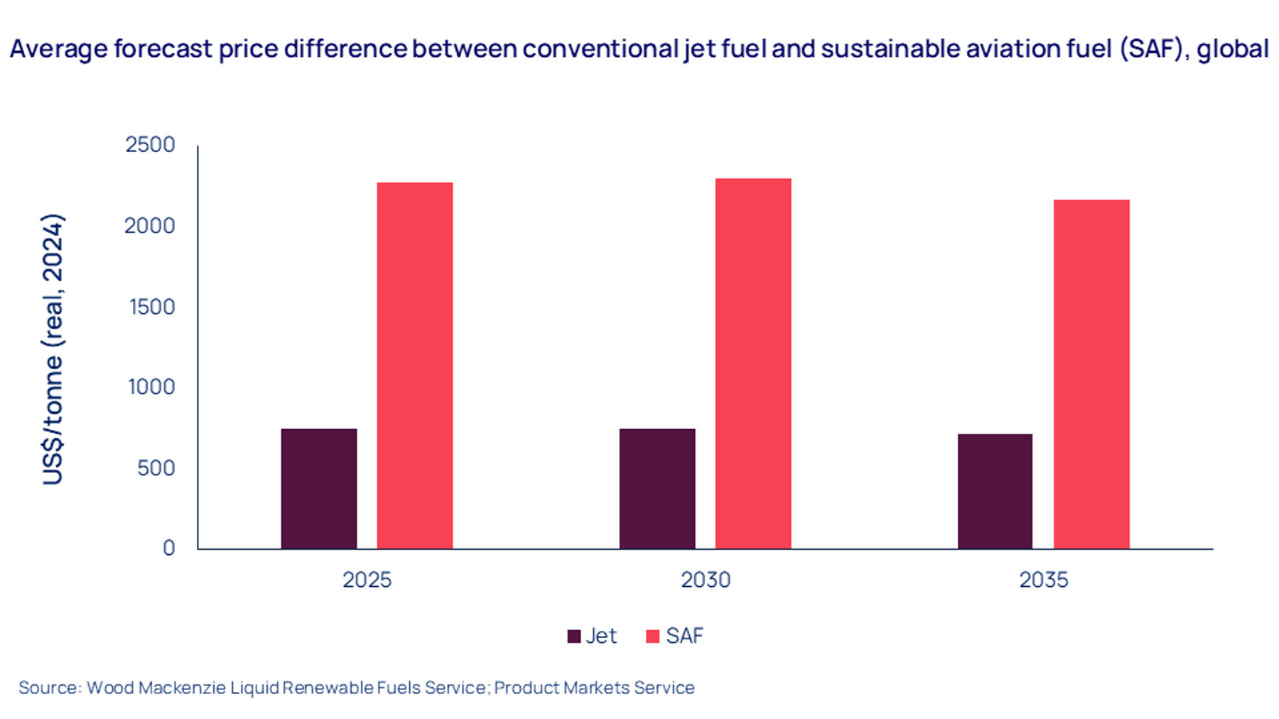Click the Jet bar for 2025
coord(319,489)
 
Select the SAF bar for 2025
coord(415,366)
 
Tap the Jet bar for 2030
coord(657,489)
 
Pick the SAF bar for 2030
coord(753,364)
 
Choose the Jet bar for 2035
coord(995,492)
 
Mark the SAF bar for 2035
coord(1091,374)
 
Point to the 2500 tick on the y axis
coord(150,144)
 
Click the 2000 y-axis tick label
coord(149,226)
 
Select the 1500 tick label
coord(152,307)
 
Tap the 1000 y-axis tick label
coord(151,387)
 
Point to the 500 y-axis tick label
coord(156,468)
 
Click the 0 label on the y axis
coord(169,548)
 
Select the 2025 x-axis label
coord(367,580)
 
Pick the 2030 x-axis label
coord(706,580)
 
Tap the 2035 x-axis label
coord(1044,580)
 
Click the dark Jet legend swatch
coord(574,637)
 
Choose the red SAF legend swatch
coord(652,637)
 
